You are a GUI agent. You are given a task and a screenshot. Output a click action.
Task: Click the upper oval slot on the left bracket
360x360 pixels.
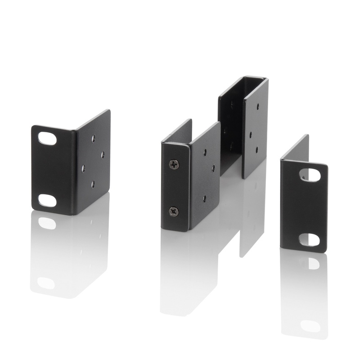click(x=47, y=138)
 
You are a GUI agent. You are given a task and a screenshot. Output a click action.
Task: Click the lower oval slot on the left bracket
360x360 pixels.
click(x=47, y=200)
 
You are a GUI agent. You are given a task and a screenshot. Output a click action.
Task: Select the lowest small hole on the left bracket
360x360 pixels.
click(x=93, y=184)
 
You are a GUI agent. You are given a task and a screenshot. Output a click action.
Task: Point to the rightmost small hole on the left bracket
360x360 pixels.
click(x=103, y=155)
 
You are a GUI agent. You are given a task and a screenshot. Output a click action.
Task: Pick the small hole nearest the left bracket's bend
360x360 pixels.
click(x=83, y=168)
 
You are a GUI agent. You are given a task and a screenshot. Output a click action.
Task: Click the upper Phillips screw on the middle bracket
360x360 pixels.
click(x=174, y=164)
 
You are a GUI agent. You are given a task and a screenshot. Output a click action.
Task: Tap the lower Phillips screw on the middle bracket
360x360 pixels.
click(x=174, y=211)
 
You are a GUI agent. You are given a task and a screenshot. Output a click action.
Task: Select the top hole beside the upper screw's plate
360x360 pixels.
click(x=205, y=152)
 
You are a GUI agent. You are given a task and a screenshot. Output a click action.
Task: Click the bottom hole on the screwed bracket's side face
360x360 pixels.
click(x=204, y=198)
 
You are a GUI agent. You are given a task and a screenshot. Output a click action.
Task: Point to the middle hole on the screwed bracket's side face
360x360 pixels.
click(x=213, y=168)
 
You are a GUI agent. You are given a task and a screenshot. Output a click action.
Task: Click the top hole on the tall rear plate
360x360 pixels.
click(x=257, y=107)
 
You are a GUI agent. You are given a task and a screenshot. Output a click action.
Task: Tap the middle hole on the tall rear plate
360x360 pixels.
click(x=249, y=134)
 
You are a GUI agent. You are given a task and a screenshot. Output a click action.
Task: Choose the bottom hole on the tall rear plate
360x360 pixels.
click(x=257, y=149)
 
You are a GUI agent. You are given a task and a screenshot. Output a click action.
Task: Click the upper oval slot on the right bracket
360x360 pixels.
click(x=310, y=175)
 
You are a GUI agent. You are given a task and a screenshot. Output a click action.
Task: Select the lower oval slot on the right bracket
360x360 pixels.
click(x=310, y=240)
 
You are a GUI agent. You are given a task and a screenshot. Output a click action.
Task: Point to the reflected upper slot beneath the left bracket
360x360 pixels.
click(x=47, y=223)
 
